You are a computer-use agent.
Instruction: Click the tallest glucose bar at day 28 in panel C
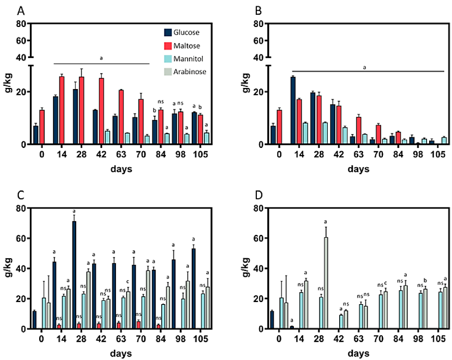(x=75, y=275)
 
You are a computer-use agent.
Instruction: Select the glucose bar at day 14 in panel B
(x=293, y=110)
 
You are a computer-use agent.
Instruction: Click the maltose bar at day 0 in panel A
(x=42, y=127)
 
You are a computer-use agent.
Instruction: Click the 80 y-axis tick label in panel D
(x=257, y=207)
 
